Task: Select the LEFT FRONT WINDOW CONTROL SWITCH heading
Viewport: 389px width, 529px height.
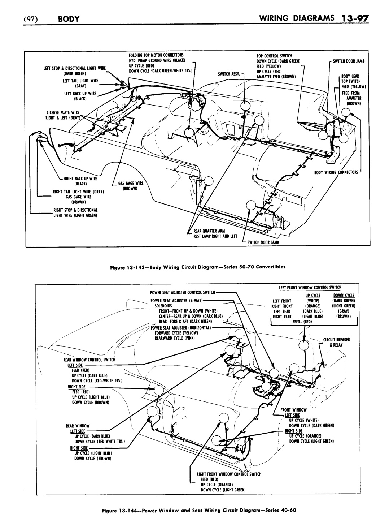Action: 310,288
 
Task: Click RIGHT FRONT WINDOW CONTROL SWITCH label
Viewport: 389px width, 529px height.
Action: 228,474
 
